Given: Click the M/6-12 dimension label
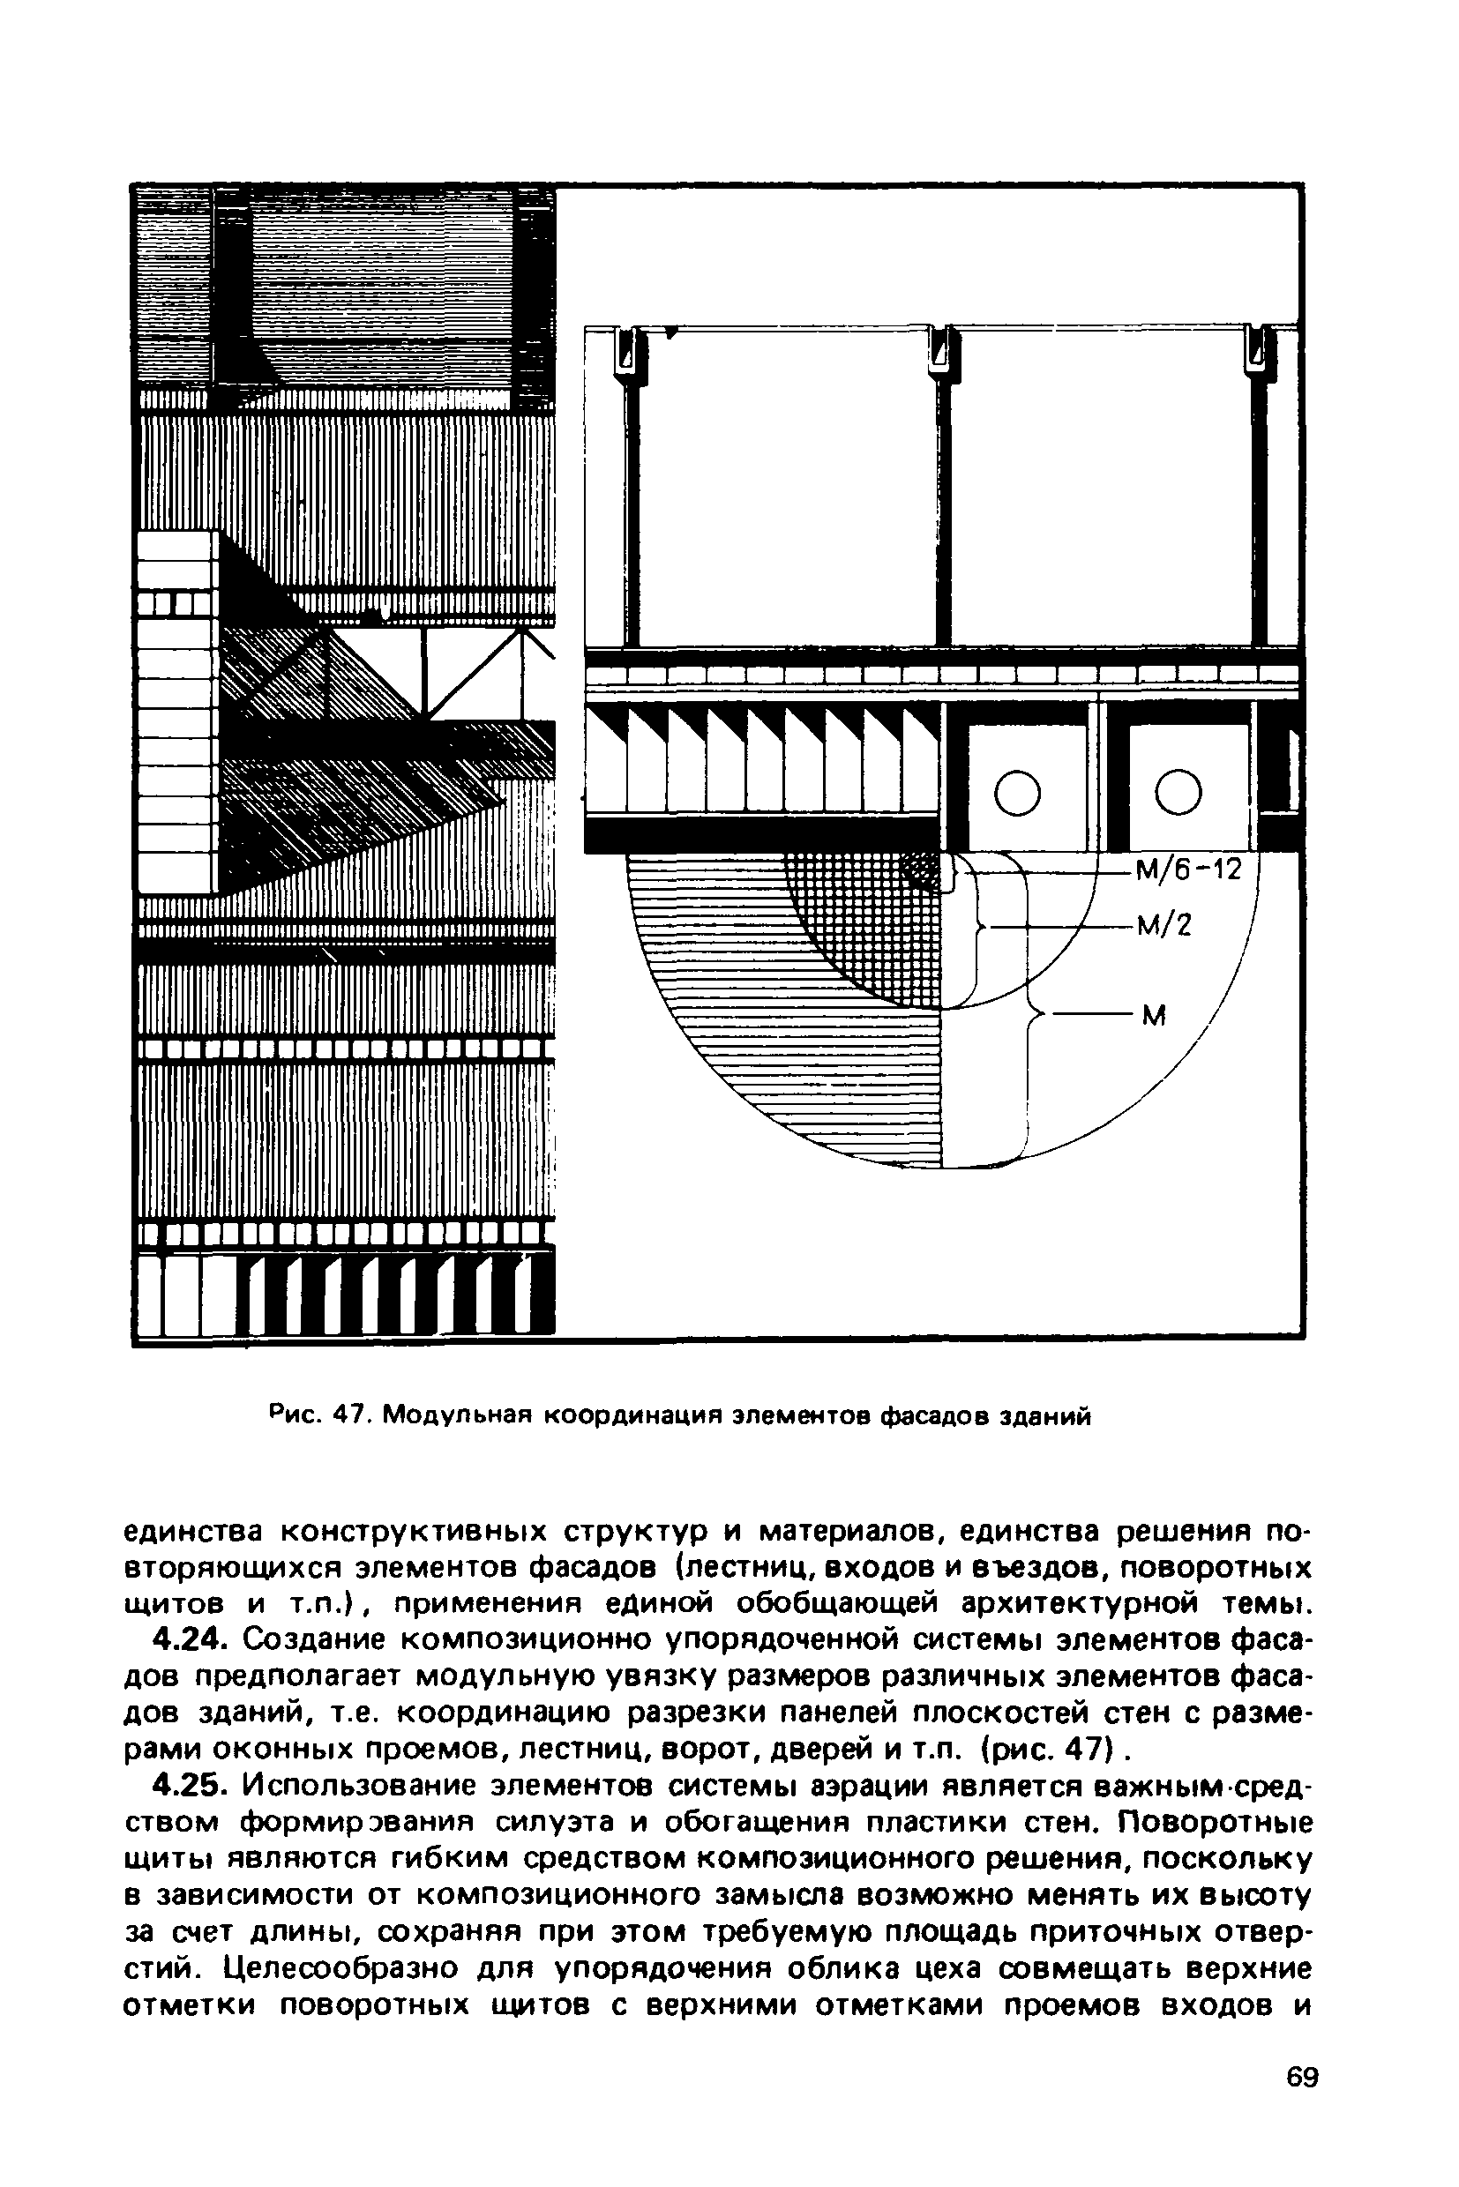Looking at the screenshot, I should pyautogui.click(x=1188, y=871).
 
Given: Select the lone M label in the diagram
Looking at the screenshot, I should pyautogui.click(x=1154, y=1016).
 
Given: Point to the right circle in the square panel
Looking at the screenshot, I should pyautogui.click(x=1177, y=793).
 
